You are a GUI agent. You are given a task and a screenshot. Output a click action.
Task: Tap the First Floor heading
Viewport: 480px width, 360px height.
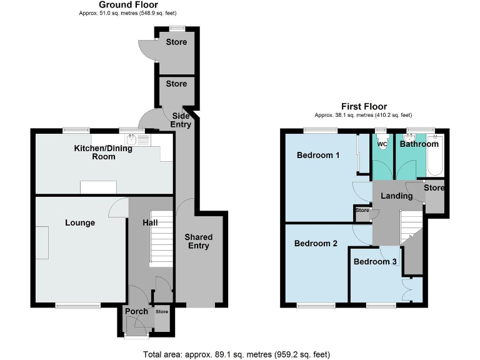point(364,107)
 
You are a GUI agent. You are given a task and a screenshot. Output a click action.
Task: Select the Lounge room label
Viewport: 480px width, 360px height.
point(80,222)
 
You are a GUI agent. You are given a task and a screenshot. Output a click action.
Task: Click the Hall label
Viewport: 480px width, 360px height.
point(141,222)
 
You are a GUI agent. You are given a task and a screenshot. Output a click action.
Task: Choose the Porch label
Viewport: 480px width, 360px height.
point(136,311)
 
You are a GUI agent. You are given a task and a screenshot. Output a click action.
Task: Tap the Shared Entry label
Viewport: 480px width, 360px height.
point(199,241)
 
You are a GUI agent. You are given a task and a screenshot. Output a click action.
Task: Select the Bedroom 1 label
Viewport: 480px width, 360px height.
point(317,155)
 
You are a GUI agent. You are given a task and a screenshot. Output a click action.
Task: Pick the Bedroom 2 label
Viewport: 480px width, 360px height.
point(316,243)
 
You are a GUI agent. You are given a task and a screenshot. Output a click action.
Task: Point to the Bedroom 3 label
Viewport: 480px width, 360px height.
point(375,262)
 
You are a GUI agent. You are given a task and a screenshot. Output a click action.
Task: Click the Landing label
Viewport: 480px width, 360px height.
point(397,196)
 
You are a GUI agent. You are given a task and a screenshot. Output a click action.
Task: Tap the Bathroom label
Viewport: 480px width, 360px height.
point(419,144)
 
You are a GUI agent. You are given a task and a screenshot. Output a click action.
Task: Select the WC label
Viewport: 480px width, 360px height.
point(382,144)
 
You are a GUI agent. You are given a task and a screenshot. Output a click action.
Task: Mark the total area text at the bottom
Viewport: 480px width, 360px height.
point(236,354)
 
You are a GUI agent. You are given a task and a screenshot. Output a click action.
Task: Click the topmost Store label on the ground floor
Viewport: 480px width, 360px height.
point(176,42)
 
